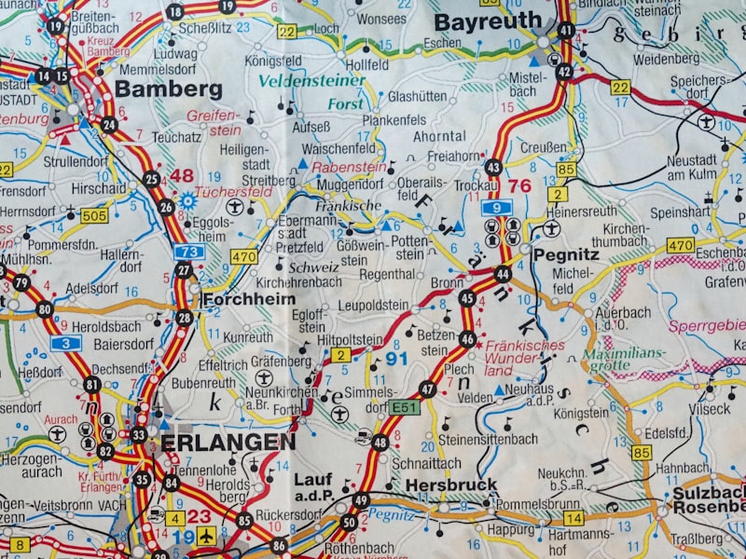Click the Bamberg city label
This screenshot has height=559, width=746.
tap(168, 89)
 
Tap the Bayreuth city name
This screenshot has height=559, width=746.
tap(487, 20)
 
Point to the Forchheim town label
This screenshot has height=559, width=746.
tap(248, 299)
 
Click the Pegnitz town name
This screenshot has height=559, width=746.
tap(566, 252)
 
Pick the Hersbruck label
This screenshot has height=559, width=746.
tap(451, 484)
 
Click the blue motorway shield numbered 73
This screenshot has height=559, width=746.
tap(188, 252)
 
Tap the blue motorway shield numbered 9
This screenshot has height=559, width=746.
tap(497, 207)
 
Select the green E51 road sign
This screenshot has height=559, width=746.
tap(405, 406)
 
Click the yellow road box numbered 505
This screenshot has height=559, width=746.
tap(93, 216)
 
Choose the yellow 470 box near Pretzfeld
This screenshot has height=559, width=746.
tap(243, 256)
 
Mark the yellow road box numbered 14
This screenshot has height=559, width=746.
tap(573, 517)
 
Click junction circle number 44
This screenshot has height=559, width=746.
tap(503, 274)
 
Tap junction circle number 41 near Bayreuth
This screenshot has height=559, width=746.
tap(566, 30)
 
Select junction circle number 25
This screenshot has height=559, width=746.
tap(151, 180)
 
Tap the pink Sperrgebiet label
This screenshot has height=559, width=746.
tap(707, 325)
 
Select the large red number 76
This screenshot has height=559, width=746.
tap(518, 186)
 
